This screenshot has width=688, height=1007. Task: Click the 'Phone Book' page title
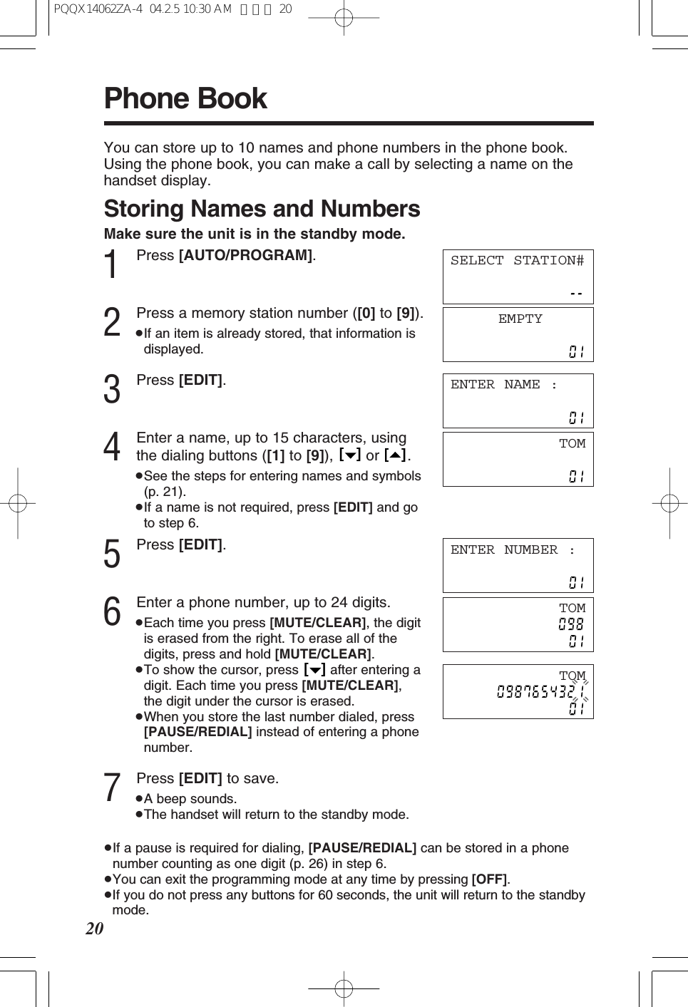pyautogui.click(x=185, y=98)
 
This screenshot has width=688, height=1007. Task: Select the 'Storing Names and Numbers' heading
pyautogui.click(x=262, y=209)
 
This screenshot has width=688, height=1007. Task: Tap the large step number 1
pyautogui.click(x=112, y=265)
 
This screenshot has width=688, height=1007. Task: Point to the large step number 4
pyautogui.click(x=112, y=448)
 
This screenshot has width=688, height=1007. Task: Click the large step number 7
pyautogui.click(x=112, y=787)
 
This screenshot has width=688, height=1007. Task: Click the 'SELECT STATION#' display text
pyautogui.click(x=517, y=261)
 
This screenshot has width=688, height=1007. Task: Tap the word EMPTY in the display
pyautogui.click(x=520, y=319)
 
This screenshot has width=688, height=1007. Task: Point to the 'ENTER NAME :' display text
pyautogui.click(x=503, y=385)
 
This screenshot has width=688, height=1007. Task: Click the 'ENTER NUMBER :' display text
pyautogui.click(x=512, y=550)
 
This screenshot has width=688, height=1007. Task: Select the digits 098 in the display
pyautogui.click(x=571, y=624)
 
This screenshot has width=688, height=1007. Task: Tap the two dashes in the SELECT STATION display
pyautogui.click(x=576, y=293)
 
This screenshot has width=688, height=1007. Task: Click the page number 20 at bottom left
pyautogui.click(x=95, y=929)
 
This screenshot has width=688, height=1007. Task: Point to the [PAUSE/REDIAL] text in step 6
pyautogui.click(x=197, y=732)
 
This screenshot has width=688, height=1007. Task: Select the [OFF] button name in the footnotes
pyautogui.click(x=489, y=879)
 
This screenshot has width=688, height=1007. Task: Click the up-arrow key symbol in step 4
pyautogui.click(x=395, y=455)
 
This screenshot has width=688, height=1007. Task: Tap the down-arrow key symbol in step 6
pyautogui.click(x=314, y=670)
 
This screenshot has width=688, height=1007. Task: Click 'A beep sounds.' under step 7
pyautogui.click(x=190, y=799)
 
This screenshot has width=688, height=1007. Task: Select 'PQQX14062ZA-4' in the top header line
pyautogui.click(x=98, y=9)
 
